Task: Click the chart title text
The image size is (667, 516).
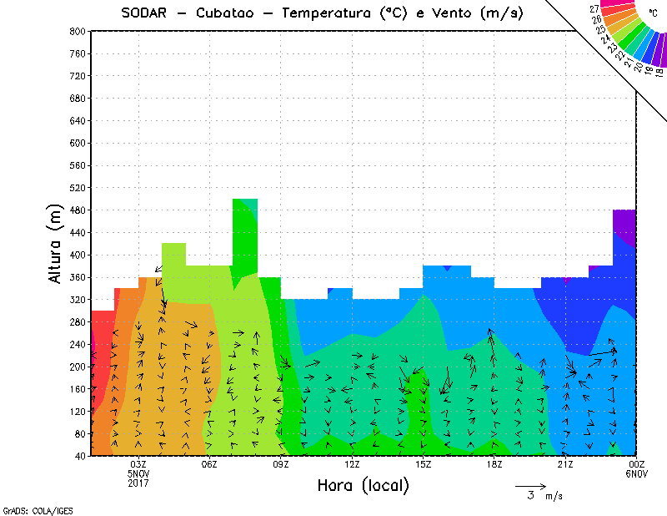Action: click(322, 13)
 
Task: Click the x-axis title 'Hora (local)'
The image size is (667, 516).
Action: click(362, 485)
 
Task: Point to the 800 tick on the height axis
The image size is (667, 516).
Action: click(78, 31)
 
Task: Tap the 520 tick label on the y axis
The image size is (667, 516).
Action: click(78, 188)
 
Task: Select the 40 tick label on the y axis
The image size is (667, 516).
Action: click(80, 456)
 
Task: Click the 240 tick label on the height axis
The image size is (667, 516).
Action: click(78, 344)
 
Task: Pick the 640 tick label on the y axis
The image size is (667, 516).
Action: click(78, 120)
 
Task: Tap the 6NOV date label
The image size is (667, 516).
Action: click(636, 474)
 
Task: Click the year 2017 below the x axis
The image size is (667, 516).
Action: click(138, 483)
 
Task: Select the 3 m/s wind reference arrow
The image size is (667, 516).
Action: click(530, 485)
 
